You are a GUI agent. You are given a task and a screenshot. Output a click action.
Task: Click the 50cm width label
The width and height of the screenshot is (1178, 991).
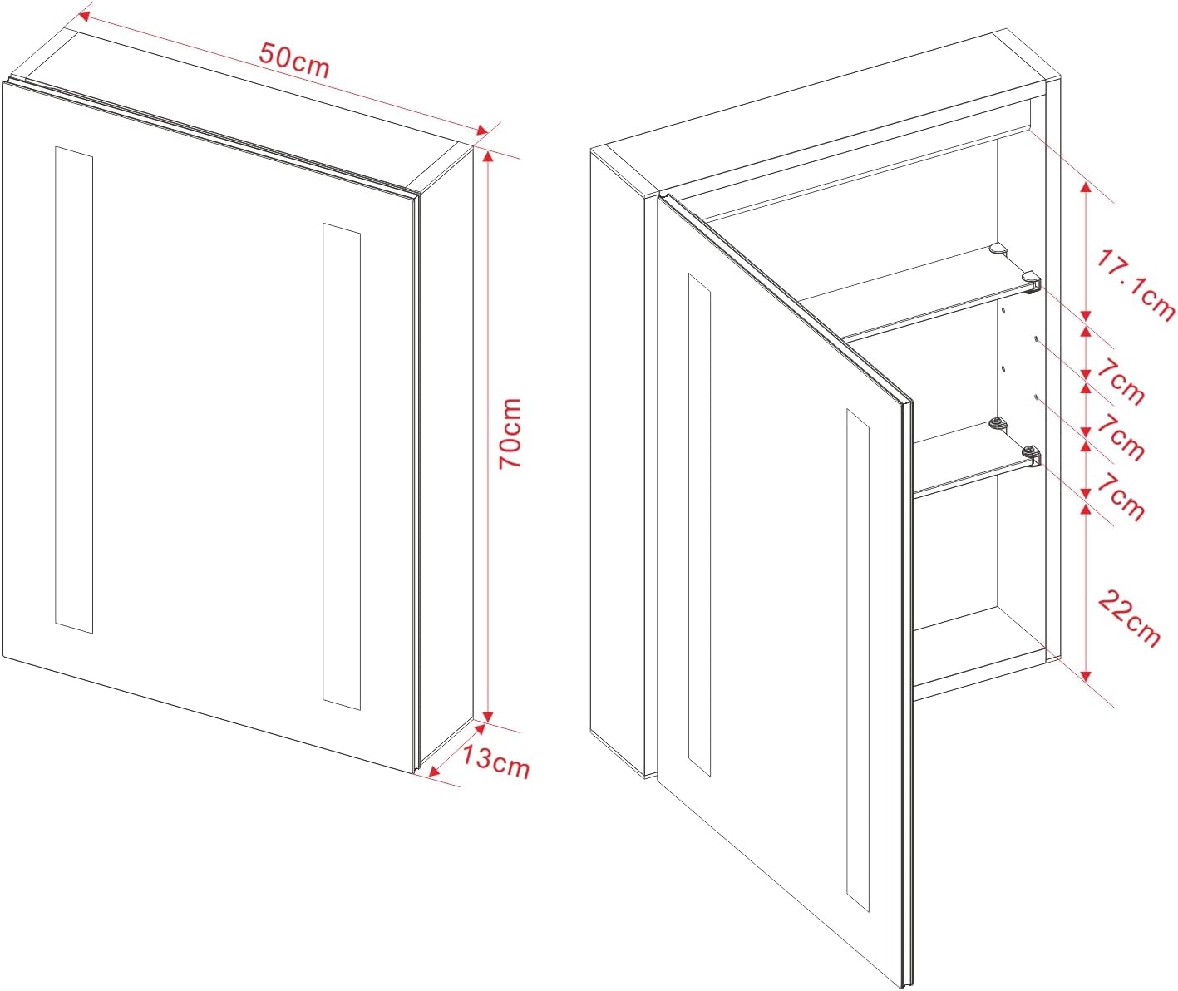(x=294, y=61)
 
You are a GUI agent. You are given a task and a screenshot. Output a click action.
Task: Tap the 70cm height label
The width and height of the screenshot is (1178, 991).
(x=511, y=433)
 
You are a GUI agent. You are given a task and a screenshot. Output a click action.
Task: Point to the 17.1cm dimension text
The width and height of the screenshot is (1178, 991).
(x=1135, y=286)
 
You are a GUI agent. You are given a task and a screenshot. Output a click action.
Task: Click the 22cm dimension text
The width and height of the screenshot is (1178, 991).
(x=1129, y=618)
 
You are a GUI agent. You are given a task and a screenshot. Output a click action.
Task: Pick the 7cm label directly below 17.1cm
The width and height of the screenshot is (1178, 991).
(x=1121, y=383)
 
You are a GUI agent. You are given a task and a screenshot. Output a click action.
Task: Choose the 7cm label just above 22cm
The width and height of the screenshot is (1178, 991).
(x=1121, y=497)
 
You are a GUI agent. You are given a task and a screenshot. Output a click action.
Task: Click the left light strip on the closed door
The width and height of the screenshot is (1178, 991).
(x=74, y=390)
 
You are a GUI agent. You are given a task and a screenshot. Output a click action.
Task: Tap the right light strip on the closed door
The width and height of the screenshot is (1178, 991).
(x=342, y=466)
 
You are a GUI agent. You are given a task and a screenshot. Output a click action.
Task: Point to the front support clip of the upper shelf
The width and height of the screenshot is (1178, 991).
(x=1032, y=280)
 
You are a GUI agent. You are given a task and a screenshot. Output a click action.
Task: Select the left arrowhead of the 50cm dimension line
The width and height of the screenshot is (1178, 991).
(x=83, y=17)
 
